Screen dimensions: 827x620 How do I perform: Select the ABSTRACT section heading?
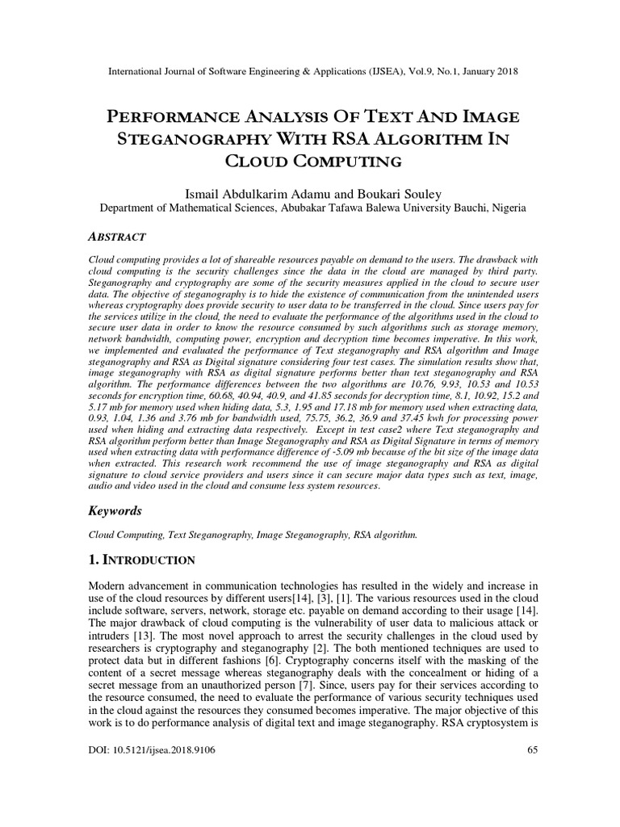point(115,237)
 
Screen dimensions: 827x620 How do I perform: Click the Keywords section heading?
point(114,511)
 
